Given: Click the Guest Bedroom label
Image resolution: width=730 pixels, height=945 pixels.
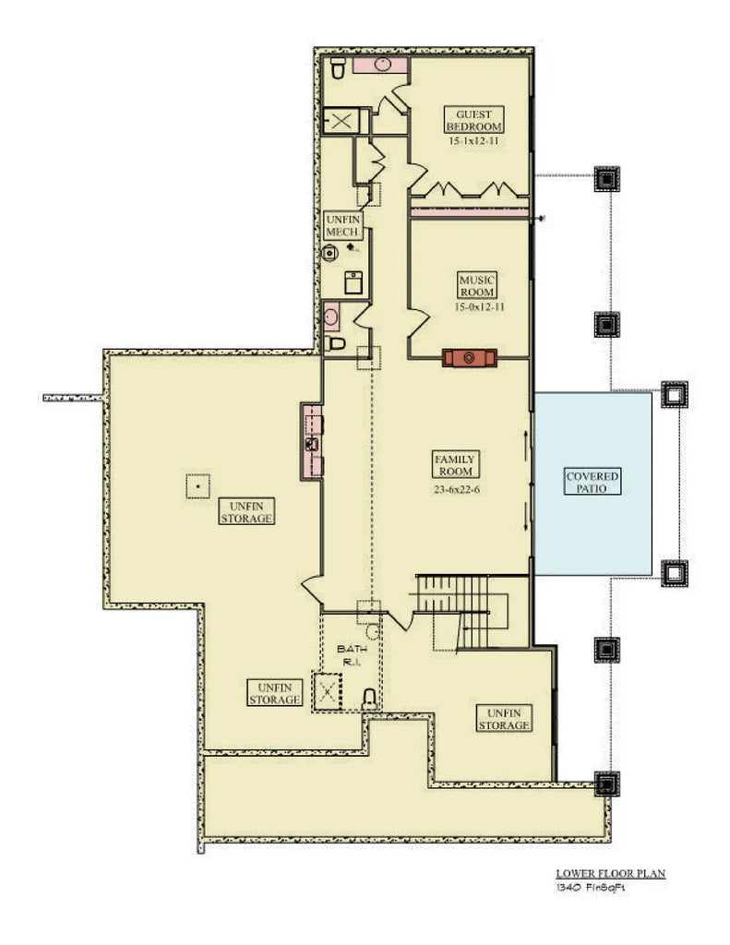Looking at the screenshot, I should coord(473,120).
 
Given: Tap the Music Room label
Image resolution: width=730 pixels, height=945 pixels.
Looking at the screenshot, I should coord(477,285).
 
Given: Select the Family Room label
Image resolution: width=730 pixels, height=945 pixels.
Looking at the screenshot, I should coord(454,464).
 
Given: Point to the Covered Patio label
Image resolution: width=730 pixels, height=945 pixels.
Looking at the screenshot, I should coord(592,481).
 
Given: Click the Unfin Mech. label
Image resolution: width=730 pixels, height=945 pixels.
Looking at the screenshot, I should coord(343,225).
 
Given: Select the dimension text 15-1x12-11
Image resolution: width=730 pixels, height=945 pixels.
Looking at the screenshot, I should coord(473,141).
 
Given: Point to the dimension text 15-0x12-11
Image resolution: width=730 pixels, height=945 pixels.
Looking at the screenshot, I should coord(477,306).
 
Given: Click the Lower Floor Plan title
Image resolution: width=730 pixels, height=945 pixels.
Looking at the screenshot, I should coord(610,872).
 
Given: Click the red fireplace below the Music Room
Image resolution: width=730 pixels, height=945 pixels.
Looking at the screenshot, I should coord(471,357).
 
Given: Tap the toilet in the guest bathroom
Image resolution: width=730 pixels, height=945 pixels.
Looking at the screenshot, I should coord(338,67).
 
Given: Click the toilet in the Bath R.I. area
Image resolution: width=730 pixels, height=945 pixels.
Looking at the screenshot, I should coord(369,698).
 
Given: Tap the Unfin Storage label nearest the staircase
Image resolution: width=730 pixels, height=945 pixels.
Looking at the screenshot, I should coord(504,719).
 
